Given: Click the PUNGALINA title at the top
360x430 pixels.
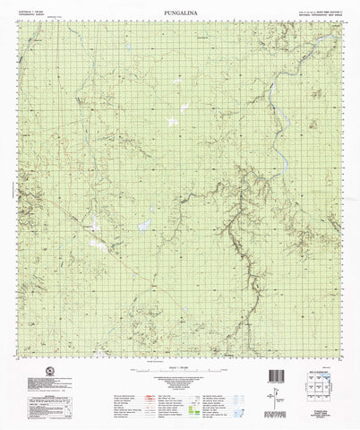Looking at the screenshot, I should coord(180,6).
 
